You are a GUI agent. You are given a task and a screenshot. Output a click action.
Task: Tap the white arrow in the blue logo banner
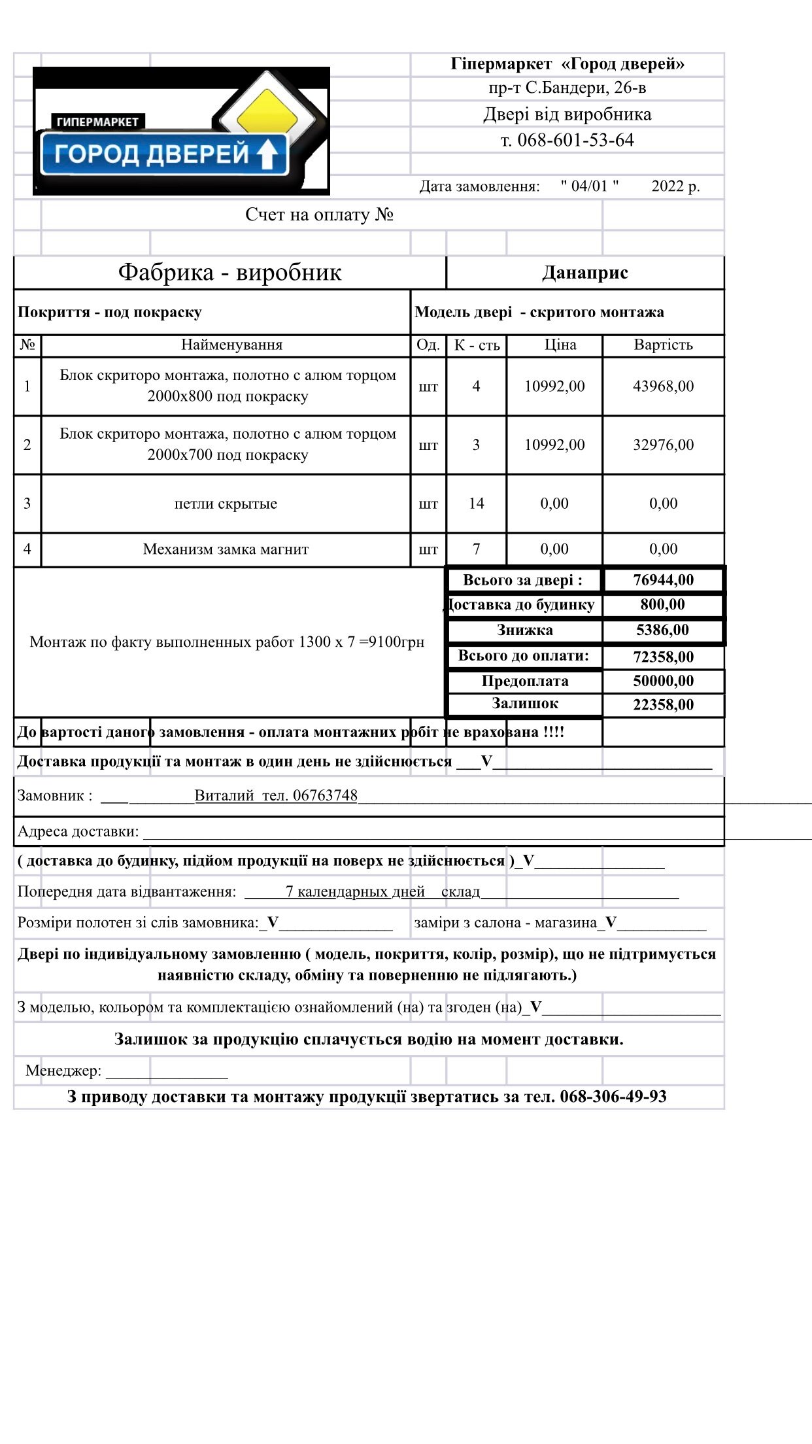(x=267, y=155)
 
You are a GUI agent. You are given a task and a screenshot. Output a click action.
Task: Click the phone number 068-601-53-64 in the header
(x=575, y=140)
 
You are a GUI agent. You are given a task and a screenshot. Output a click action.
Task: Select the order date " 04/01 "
(x=589, y=186)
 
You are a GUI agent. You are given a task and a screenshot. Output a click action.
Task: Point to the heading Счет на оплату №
(x=319, y=215)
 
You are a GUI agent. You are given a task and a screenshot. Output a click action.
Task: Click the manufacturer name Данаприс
(x=585, y=273)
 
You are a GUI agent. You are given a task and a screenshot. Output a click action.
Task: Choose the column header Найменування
(x=231, y=345)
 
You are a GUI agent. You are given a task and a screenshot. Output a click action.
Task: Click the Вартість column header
(x=663, y=345)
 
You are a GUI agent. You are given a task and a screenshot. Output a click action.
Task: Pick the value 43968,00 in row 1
(x=663, y=387)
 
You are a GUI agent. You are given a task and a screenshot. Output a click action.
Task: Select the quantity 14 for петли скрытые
(x=476, y=504)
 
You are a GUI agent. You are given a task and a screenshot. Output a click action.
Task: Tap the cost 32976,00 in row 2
(x=663, y=445)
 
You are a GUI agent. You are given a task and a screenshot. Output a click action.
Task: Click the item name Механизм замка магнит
(x=226, y=549)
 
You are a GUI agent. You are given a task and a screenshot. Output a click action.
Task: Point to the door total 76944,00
(x=663, y=580)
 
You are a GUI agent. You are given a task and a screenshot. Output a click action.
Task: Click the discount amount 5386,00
(x=662, y=630)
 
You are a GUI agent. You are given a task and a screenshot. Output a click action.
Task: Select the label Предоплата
(x=525, y=681)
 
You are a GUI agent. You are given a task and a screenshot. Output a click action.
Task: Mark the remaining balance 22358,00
(x=663, y=705)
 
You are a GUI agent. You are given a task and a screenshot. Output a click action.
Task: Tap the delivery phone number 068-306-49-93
(x=613, y=1097)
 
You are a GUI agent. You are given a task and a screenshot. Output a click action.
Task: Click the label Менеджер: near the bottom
(x=63, y=1071)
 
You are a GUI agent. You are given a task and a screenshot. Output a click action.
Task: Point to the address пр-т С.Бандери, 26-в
(x=567, y=88)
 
